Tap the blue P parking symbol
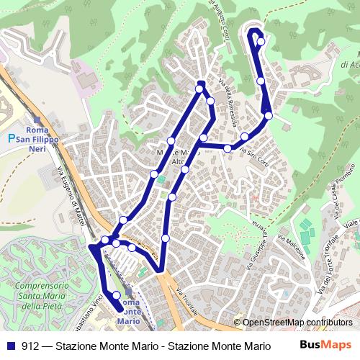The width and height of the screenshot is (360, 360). (11, 138)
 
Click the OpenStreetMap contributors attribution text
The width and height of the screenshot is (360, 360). (297, 323)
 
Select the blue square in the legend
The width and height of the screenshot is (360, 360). (10, 345)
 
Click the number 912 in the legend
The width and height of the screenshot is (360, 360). (30, 345)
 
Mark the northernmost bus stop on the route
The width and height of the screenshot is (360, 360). (261, 41)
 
